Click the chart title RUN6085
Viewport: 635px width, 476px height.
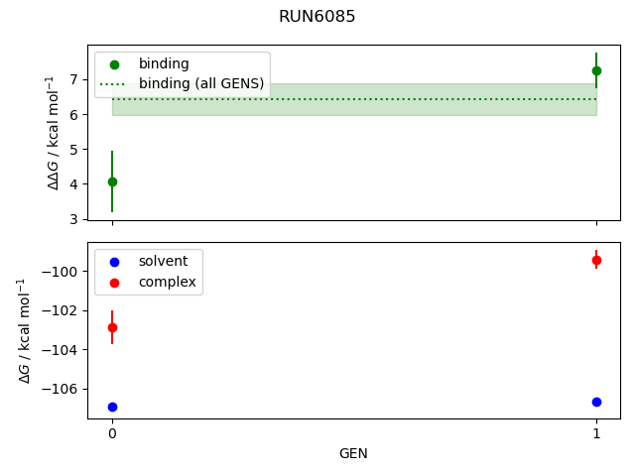pos(317,16)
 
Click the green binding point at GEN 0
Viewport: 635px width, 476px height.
pos(112,181)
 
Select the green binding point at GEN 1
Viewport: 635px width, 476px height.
pos(596,70)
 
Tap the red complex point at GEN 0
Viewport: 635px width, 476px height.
pos(112,327)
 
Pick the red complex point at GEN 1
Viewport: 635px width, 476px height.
pos(596,260)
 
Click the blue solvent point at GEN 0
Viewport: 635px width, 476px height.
pos(112,407)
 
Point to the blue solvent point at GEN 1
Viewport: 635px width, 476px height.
pos(596,402)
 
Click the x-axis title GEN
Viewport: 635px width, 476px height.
pos(354,454)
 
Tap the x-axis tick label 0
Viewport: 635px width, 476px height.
pos(112,434)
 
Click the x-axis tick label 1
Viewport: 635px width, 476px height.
pos(596,434)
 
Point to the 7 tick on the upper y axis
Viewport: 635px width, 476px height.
pos(74,78)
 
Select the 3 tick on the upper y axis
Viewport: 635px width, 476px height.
pos(74,219)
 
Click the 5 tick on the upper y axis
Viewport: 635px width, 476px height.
pos(74,149)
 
